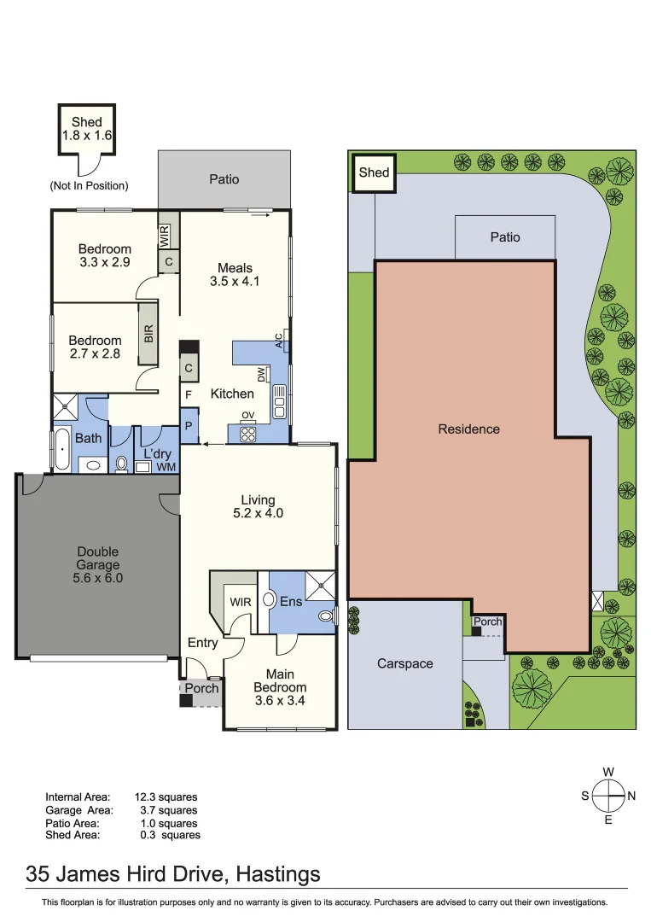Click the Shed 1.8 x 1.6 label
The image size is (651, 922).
(87, 129)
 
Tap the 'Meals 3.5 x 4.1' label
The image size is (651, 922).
(235, 274)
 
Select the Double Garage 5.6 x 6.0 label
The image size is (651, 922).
(97, 564)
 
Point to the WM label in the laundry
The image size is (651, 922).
(166, 467)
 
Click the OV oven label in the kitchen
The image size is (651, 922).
(248, 416)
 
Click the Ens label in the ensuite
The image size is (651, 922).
(292, 601)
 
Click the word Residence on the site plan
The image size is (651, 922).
(468, 429)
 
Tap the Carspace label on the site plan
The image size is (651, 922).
(405, 663)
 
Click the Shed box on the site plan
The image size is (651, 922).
(374, 172)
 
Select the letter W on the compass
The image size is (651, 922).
(608, 772)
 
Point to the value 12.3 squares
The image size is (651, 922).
(166, 797)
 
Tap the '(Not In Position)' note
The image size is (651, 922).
(89, 185)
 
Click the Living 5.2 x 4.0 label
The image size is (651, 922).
(258, 506)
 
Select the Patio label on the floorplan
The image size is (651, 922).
(224, 179)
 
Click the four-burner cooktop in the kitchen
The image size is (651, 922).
(248, 433)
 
